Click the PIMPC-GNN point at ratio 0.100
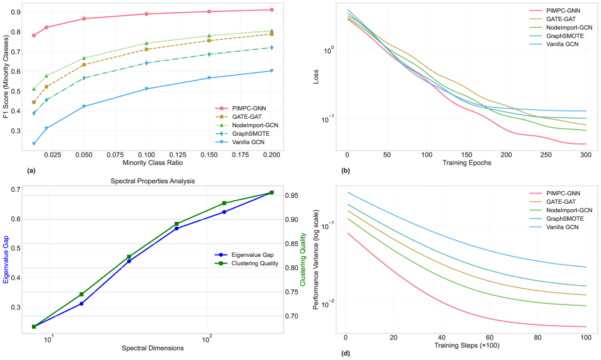click(146, 14)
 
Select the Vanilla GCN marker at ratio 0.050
click(84, 106)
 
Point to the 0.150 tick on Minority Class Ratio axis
click(209, 155)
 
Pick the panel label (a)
click(32, 171)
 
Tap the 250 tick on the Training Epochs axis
click(546, 155)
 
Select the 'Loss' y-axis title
click(315, 78)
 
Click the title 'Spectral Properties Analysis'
click(154, 180)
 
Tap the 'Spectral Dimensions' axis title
click(153, 348)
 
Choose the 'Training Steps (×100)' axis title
click(466, 345)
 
